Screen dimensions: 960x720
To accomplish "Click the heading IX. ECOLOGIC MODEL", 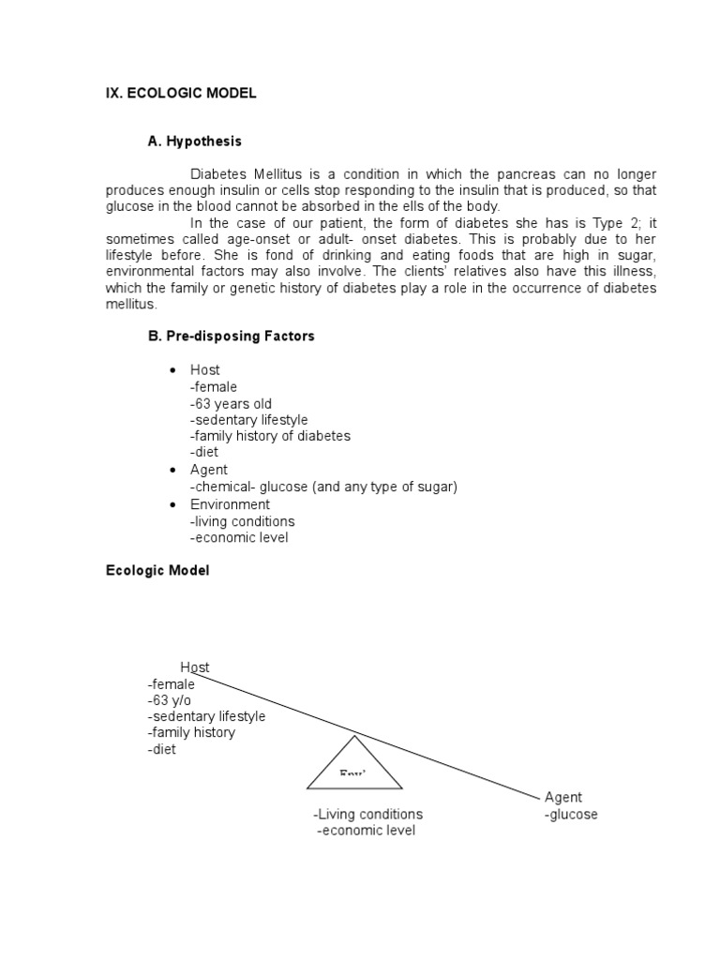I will (x=181, y=93).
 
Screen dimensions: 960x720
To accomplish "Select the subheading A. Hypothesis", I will (x=194, y=142).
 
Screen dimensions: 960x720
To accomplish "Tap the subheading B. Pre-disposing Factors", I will (x=231, y=337).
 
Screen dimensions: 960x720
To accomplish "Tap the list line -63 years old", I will (x=231, y=404).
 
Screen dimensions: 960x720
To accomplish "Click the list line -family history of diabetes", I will (x=270, y=436).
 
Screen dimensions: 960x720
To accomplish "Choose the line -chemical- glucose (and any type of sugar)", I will (x=323, y=487).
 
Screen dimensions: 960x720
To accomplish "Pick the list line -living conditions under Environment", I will (x=242, y=521).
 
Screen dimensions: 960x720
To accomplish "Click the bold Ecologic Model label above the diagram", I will (x=157, y=571).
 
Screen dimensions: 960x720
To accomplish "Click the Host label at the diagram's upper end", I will (x=195, y=667).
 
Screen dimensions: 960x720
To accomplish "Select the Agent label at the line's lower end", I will (x=563, y=798).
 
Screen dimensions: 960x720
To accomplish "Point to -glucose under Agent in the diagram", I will (x=571, y=815).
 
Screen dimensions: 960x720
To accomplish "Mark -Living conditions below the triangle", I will (x=367, y=814).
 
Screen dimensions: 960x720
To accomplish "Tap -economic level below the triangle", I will (x=366, y=831).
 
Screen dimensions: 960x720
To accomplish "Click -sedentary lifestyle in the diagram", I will (x=205, y=716).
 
